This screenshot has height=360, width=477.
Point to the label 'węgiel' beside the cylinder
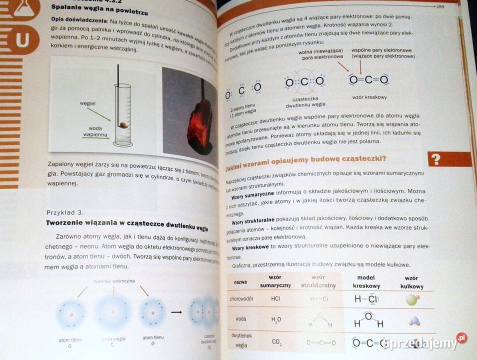click(x=87, y=103)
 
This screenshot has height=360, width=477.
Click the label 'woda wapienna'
click(x=91, y=131)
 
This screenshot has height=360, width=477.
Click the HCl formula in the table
click(x=275, y=299)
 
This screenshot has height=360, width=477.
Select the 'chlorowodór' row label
click(x=240, y=298)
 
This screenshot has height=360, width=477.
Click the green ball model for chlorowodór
click(x=412, y=299)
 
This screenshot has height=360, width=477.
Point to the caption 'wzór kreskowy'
click(x=369, y=97)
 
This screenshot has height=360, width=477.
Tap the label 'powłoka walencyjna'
click(x=113, y=281)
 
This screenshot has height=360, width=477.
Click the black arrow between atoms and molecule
click(x=176, y=312)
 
